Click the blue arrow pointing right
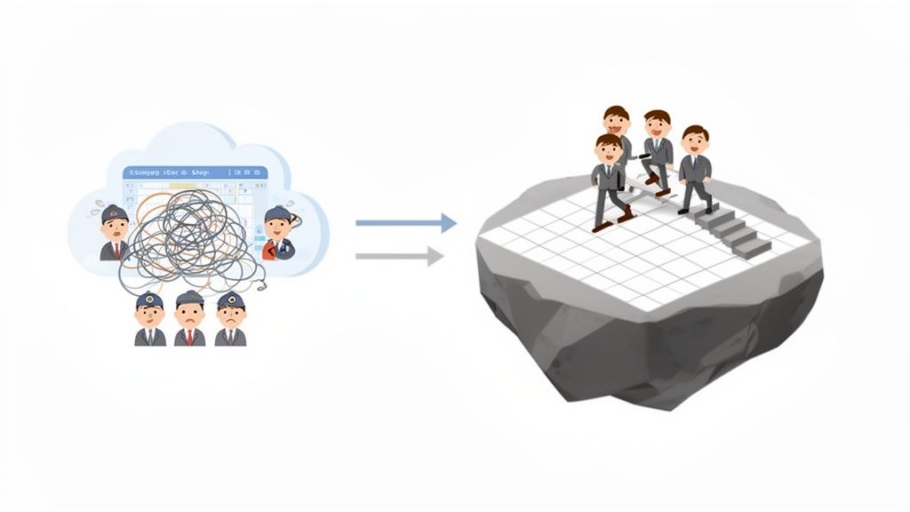pos(406,223)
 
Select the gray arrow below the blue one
pos(400,257)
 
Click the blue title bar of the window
pos(196,172)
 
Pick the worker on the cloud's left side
pos(115,233)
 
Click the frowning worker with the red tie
pos(189,318)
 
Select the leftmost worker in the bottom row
pos(149,318)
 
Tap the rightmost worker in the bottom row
pos(230,318)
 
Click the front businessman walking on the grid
pos(609,182)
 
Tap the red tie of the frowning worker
pos(189,335)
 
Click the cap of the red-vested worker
pos(277,213)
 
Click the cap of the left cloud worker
pos(115,213)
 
